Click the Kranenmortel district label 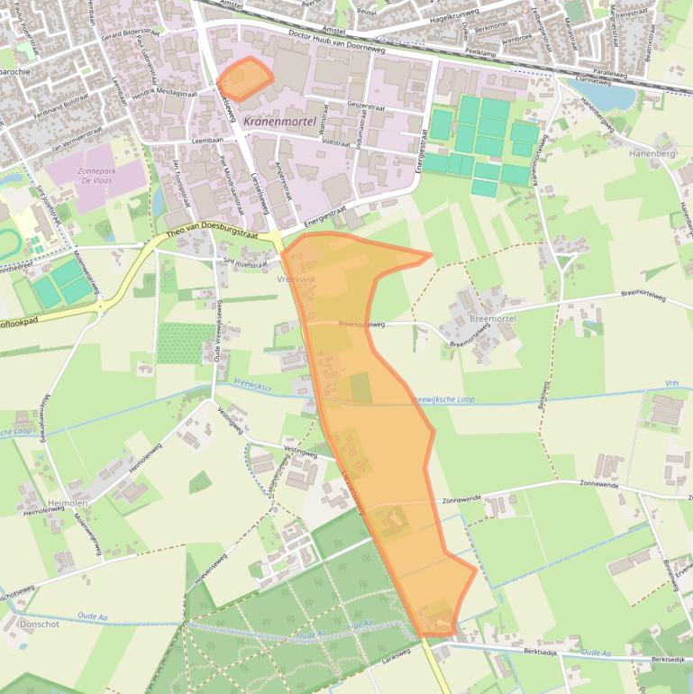tap(284, 121)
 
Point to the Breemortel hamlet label tap(493, 319)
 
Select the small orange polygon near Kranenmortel tap(244, 78)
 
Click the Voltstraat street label tap(335, 142)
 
